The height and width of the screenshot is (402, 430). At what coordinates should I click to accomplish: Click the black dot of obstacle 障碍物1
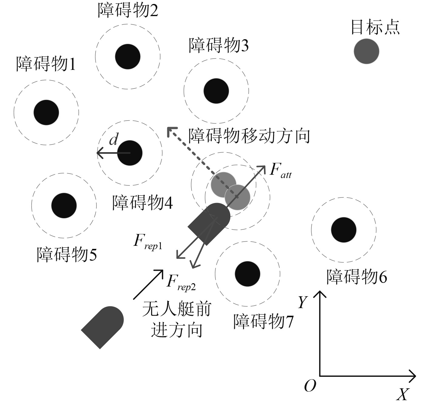coord(46,112)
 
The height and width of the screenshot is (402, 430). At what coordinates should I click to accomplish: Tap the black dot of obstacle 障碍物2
coord(128,57)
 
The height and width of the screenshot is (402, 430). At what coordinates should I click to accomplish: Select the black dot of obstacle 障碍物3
coord(216,91)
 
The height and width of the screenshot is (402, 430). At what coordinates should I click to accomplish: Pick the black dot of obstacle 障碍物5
coord(64,206)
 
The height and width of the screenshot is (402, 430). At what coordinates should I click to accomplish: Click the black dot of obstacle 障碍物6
coord(344,230)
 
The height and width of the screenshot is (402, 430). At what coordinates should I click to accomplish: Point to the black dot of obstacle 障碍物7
coord(248,274)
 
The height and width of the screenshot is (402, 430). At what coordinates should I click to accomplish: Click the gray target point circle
coord(367,51)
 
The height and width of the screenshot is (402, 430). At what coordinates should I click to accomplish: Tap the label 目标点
coord(375,27)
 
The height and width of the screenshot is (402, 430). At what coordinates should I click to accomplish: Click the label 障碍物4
coord(143,202)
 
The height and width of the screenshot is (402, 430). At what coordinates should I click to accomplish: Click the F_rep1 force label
coord(148,242)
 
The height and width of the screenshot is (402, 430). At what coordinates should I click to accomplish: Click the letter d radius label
coord(113,140)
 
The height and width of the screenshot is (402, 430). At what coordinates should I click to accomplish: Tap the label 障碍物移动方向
coord(249,136)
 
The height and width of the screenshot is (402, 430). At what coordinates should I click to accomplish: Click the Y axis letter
coord(303,302)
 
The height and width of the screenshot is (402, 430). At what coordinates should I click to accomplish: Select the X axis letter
coord(403,394)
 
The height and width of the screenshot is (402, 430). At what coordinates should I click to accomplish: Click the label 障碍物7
coord(263,321)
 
